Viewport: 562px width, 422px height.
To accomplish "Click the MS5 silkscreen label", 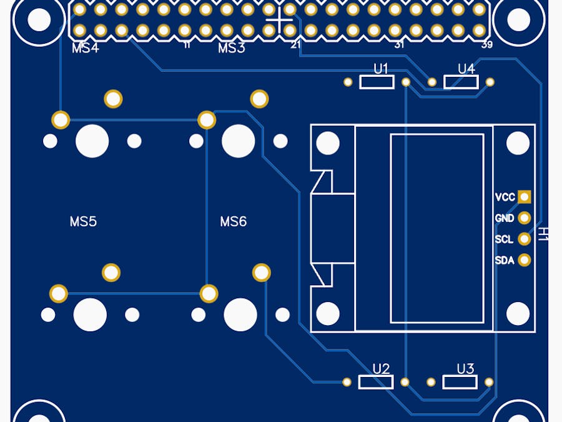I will pyautogui.click(x=83, y=221).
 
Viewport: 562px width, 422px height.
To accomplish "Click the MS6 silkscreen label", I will pyautogui.click(x=234, y=221).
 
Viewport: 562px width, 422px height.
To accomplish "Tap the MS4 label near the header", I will pyautogui.click(x=86, y=48).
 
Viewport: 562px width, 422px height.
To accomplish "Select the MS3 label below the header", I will pyautogui.click(x=232, y=48).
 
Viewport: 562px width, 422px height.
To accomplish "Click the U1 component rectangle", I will pyautogui.click(x=377, y=82).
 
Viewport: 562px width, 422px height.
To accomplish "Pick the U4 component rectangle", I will pyautogui.click(x=461, y=82).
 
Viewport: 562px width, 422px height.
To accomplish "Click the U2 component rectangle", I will pyautogui.click(x=376, y=382).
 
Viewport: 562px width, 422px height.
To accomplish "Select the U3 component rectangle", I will pyautogui.click(x=460, y=382).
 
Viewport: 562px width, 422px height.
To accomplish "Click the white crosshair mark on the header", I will pyautogui.click(x=279, y=20).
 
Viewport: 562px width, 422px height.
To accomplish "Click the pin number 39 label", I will pyautogui.click(x=487, y=45).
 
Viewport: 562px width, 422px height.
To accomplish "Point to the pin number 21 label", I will pyautogui.click(x=296, y=45).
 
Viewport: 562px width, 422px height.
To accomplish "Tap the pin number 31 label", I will pyautogui.click(x=400, y=45).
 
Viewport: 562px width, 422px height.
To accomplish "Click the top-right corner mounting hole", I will pyautogui.click(x=518, y=20).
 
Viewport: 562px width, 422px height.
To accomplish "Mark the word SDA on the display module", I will pyautogui.click(x=505, y=260).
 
